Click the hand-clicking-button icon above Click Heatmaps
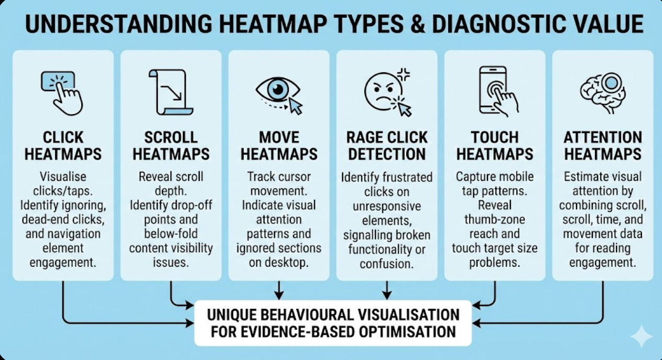[62, 92]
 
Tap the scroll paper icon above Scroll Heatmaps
[170, 92]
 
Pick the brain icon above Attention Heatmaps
[602, 90]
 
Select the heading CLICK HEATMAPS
[63, 146]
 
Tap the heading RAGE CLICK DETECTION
[387, 146]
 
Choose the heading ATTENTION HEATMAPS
[603, 146]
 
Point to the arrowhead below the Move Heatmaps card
[279, 295]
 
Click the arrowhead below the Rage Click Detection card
[387, 295]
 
